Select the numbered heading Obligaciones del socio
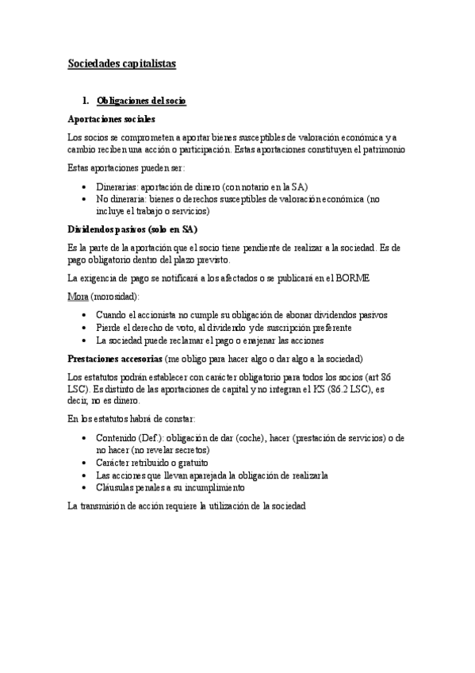(141, 102)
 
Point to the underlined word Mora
(77, 296)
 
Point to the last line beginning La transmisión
(186, 505)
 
